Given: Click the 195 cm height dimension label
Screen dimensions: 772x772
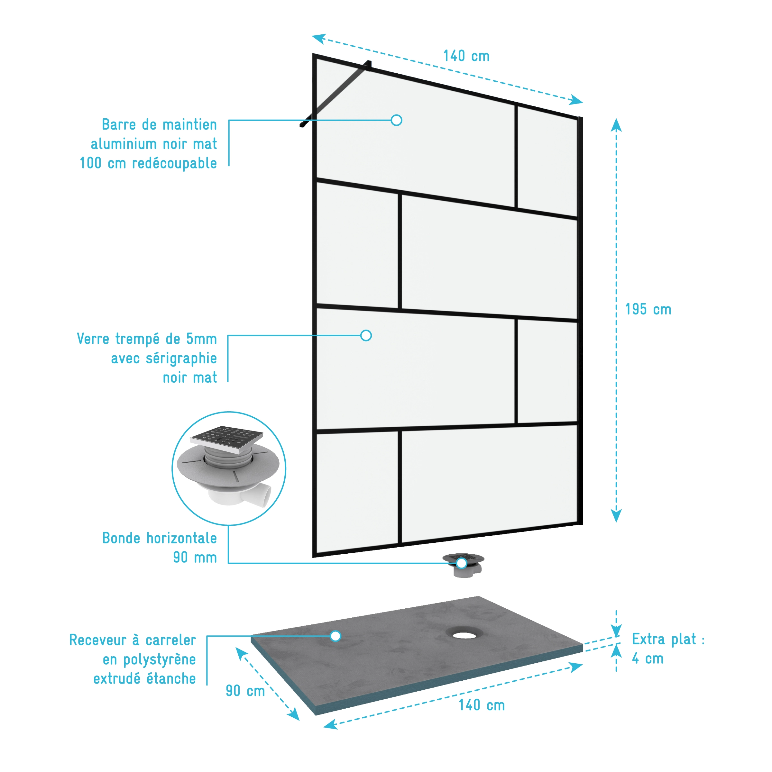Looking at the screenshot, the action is pyautogui.click(x=648, y=309).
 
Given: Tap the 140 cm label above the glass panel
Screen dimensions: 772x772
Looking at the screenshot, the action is pyautogui.click(x=466, y=56).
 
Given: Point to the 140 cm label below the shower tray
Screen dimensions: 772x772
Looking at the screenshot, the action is pyautogui.click(x=482, y=705).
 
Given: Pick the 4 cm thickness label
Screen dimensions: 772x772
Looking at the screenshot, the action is pyautogui.click(x=648, y=658).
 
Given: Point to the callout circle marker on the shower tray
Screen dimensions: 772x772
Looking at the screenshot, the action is pyautogui.click(x=335, y=636).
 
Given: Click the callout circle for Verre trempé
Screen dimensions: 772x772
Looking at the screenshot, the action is pyautogui.click(x=366, y=335).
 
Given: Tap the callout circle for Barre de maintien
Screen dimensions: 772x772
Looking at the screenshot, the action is pyautogui.click(x=396, y=120).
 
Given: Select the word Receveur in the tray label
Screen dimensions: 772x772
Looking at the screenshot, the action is pyautogui.click(x=98, y=640).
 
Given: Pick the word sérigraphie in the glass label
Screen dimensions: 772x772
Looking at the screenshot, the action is pyautogui.click(x=181, y=359).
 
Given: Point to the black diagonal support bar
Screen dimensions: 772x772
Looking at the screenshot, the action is pyautogui.click(x=335, y=94).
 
